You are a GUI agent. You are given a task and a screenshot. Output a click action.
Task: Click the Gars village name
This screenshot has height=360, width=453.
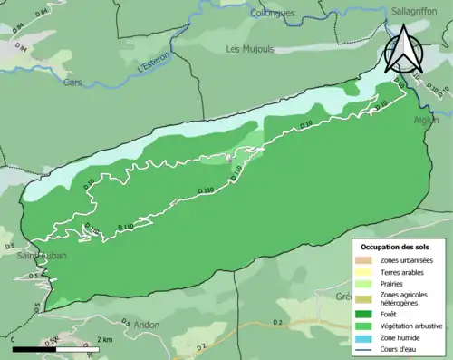pyautogui.click(x=73, y=82)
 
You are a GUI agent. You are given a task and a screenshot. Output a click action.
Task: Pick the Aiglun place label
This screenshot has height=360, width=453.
pyautogui.click(x=427, y=120)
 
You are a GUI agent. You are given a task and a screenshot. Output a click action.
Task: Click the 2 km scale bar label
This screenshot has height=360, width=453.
pyautogui.click(x=103, y=338)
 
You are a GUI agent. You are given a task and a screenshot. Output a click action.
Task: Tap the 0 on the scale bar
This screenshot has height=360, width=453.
pyautogui.click(x=14, y=338)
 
